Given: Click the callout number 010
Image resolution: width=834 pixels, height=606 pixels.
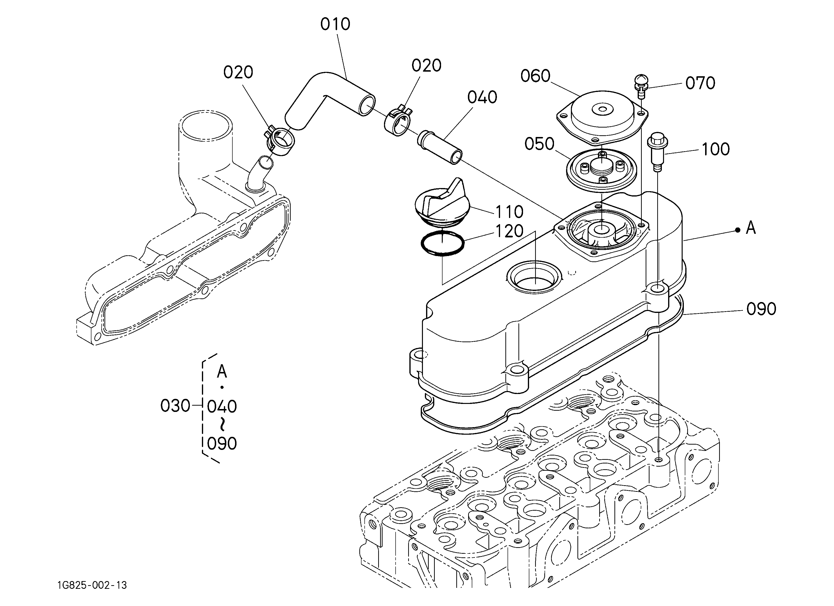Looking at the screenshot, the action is click(335, 24).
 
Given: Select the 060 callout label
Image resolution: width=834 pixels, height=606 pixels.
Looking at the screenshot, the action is click(535, 76).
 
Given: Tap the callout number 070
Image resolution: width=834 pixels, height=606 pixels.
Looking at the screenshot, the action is click(700, 83).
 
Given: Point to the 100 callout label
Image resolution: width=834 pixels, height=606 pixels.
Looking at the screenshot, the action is click(716, 149).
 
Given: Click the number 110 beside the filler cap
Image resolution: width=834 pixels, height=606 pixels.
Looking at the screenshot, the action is click(509, 212).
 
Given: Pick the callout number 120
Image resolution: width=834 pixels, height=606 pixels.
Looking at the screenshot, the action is click(509, 231).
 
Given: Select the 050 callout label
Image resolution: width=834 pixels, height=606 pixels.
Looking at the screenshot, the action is click(539, 144).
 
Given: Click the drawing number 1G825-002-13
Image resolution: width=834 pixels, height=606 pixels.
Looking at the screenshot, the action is click(92, 585).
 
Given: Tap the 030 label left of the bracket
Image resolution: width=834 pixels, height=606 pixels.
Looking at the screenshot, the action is click(175, 406).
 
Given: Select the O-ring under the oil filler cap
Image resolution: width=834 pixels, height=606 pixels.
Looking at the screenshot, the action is click(442, 243).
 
